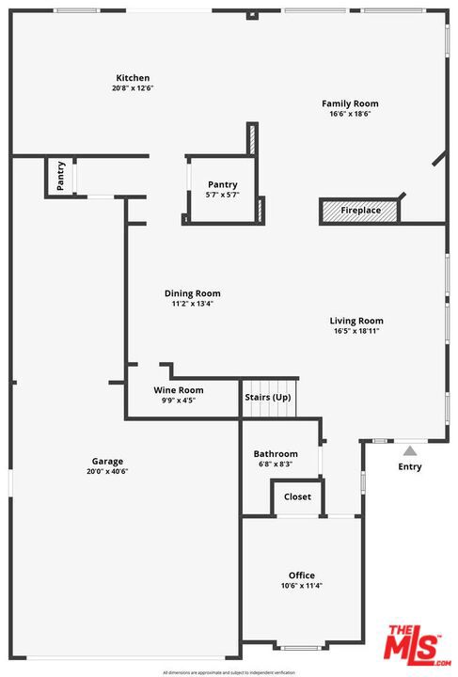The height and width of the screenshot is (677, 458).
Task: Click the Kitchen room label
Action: click(133, 78)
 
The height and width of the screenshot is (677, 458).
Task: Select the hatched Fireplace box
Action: click(360, 211)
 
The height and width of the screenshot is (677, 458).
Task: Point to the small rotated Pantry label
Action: click(61, 177)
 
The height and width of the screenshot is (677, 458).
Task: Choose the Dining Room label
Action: click(193, 293)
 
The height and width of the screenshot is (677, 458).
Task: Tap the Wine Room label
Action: click(179, 390)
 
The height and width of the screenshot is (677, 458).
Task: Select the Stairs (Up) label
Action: click(268, 398)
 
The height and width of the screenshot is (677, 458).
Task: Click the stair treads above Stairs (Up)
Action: click(270, 385)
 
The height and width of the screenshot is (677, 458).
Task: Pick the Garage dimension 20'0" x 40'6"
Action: click(107, 472)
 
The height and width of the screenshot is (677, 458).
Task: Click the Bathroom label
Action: click(276, 453)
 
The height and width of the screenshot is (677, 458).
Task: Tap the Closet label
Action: click(297, 496)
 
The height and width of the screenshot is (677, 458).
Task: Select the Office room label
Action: click(302, 575)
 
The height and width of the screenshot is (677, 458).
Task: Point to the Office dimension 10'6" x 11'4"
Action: click(302, 586)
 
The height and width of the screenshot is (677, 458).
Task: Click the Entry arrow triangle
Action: click(409, 450)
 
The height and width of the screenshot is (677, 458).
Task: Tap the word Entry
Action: click(410, 466)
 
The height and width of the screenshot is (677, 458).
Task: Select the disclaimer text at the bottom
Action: click(229, 672)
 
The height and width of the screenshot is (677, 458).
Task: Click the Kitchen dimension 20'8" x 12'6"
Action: click(133, 88)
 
